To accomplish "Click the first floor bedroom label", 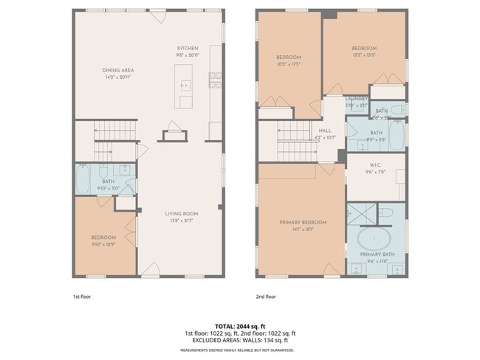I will [x=103, y=237].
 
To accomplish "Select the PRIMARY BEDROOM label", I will [x=303, y=222].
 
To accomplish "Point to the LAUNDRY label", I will [x=357, y=99].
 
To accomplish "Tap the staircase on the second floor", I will [x=292, y=141].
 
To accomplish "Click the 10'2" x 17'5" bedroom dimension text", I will [x=288, y=63].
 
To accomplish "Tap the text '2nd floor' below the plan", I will [x=266, y=297].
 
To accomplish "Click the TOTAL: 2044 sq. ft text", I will [x=240, y=326].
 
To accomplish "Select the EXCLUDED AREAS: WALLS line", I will [x=240, y=341].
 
